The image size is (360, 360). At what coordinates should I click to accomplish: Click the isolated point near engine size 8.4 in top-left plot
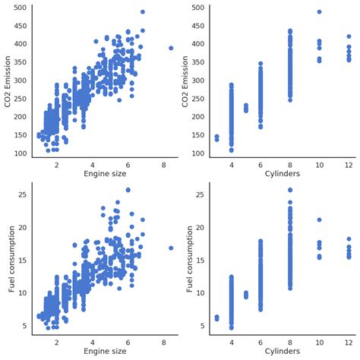(x=171, y=48)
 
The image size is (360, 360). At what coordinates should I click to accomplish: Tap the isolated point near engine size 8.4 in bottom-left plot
(x=171, y=248)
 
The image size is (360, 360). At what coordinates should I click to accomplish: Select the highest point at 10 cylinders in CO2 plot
(x=319, y=12)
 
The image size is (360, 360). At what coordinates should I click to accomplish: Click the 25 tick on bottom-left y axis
(x=22, y=194)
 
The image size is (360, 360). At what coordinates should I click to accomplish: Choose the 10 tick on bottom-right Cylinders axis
(x=319, y=342)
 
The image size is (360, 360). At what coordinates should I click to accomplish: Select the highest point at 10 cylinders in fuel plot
(x=319, y=219)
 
